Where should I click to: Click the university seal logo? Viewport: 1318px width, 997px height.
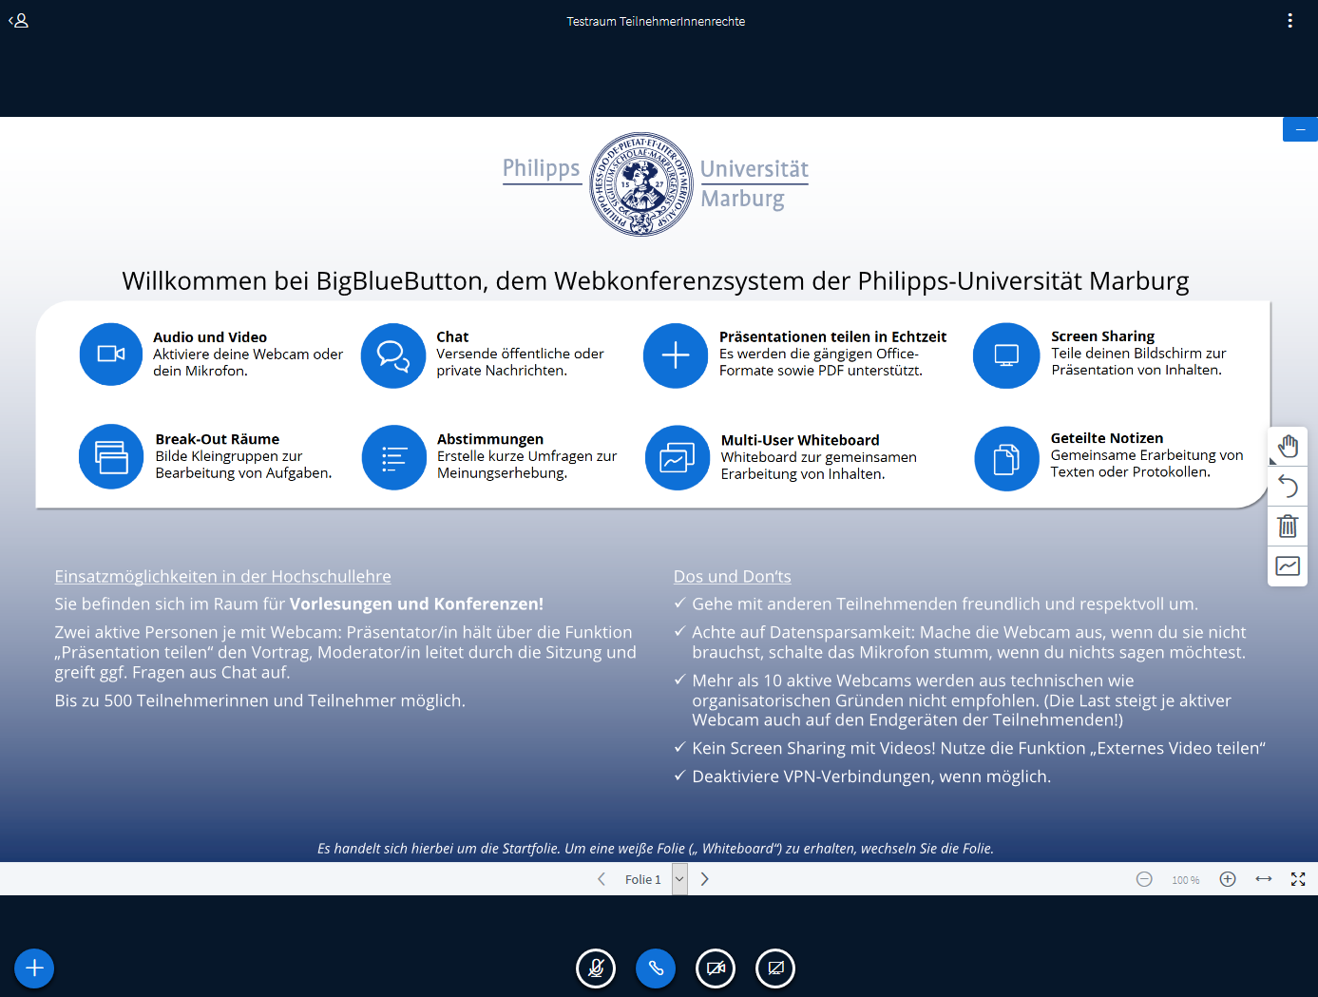point(641,184)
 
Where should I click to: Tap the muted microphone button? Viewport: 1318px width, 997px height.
point(596,968)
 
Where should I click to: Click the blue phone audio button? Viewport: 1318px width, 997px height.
point(656,968)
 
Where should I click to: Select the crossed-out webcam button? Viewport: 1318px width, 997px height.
point(716,968)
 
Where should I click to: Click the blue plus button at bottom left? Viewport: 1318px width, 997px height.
point(34,968)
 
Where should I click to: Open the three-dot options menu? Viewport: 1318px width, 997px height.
point(1289,21)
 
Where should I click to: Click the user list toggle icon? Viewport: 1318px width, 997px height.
point(19,21)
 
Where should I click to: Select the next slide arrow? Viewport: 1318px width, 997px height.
point(705,879)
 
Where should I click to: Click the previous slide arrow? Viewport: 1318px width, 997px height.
point(602,879)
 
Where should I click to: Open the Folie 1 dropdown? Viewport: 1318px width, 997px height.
point(678,879)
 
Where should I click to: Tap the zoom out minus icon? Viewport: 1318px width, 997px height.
point(1144,879)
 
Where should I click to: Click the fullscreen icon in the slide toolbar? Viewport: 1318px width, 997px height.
point(1298,879)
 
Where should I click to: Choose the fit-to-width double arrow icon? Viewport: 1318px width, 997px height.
point(1264,879)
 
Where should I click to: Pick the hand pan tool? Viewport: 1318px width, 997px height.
point(1288,446)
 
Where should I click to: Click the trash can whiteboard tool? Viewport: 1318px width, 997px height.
point(1288,526)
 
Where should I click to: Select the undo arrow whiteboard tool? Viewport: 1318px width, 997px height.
point(1288,486)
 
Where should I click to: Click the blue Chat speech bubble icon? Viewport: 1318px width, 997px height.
point(393,355)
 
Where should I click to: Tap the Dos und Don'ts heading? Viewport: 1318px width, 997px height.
point(732,576)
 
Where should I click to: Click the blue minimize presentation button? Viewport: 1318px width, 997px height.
point(1300,129)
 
